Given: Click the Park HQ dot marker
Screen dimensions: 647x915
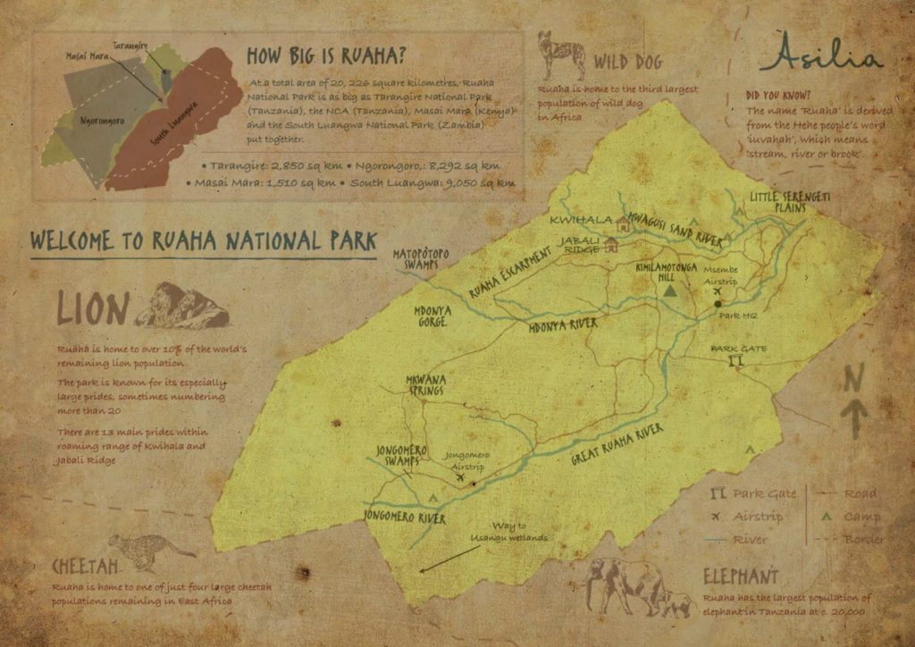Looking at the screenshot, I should [718, 303].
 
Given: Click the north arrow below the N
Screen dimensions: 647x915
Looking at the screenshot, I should [854, 418].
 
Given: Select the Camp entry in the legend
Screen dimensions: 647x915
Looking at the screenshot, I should [850, 517].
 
